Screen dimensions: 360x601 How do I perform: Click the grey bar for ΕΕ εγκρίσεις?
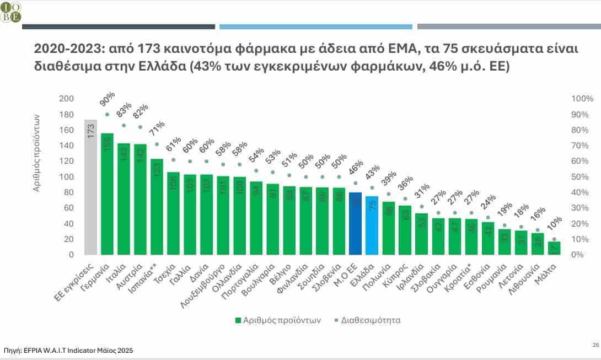coord(90,187)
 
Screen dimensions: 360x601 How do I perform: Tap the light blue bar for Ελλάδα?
coord(372,225)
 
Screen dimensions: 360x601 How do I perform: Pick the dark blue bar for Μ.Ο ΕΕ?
coord(355,223)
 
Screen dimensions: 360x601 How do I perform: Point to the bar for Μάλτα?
coord(554,248)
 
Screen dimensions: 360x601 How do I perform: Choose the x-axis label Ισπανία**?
coord(148,275)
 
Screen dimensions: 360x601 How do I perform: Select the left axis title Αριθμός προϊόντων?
coord(36,153)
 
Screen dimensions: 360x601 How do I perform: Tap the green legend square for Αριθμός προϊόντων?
coord(238,320)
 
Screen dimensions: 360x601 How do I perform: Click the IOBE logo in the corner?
coord(12,11)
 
